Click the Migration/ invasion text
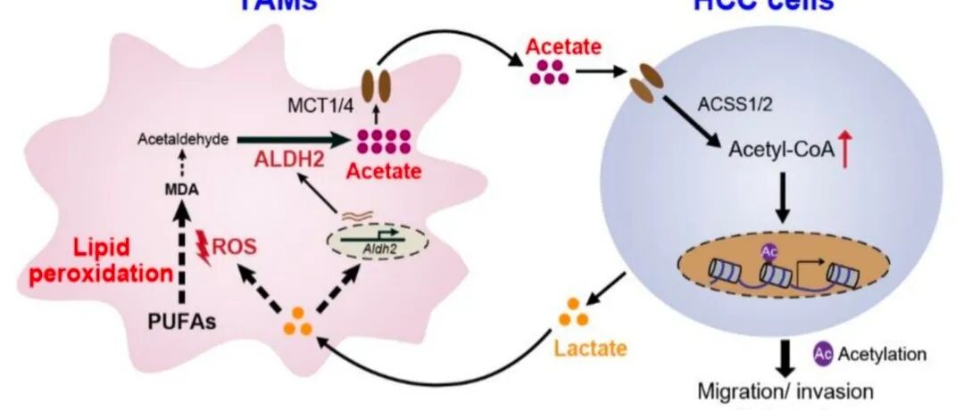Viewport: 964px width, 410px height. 785,389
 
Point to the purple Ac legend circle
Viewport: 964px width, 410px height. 822,354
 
